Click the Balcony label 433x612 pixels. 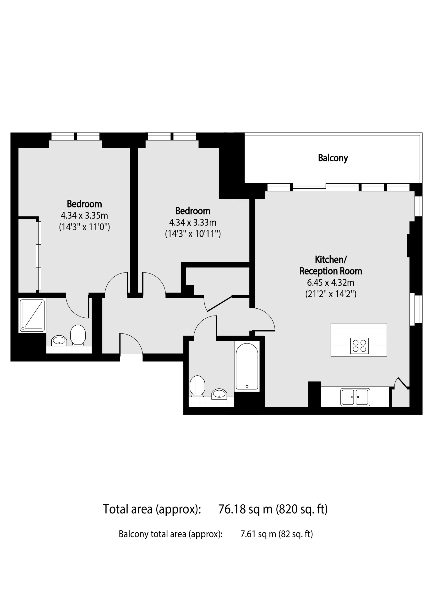pyautogui.click(x=333, y=158)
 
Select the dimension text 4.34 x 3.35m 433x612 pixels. pyautogui.click(x=84, y=215)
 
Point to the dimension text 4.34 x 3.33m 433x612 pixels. pyautogui.click(x=193, y=222)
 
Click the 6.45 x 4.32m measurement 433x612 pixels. pyautogui.click(x=331, y=282)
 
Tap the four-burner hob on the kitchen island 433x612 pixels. pyautogui.click(x=359, y=346)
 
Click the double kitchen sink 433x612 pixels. pyautogui.click(x=355, y=397)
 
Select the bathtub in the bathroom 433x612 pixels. pyautogui.click(x=247, y=366)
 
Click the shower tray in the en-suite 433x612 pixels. pyautogui.click(x=32, y=316)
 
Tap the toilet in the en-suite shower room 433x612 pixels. pyautogui.click(x=78, y=335)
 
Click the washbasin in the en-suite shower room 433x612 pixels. pyautogui.click(x=59, y=340)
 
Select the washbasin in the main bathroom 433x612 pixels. pyautogui.click(x=219, y=394)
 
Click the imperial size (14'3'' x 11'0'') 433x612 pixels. pyautogui.click(x=84, y=227)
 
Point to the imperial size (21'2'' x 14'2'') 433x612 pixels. pyautogui.click(x=331, y=294)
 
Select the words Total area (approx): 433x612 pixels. pyautogui.click(x=152, y=509)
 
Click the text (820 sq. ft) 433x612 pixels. pyautogui.click(x=301, y=509)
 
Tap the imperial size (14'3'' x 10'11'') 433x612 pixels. pyautogui.click(x=193, y=234)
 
